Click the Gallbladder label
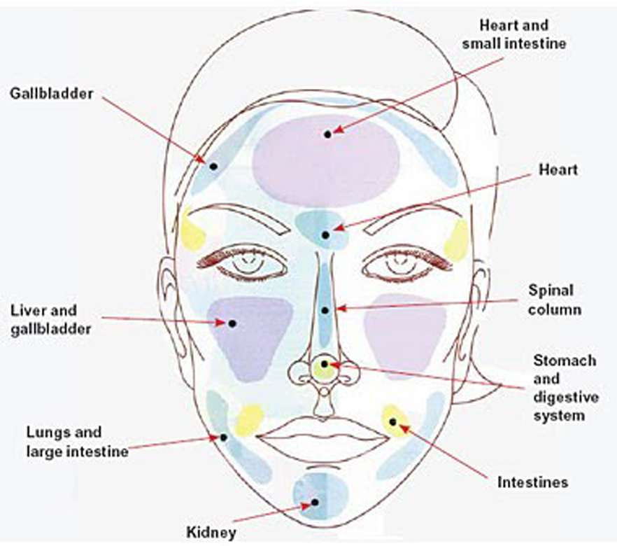click(x=51, y=93)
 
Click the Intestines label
click(x=532, y=482)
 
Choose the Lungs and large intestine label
click(x=77, y=442)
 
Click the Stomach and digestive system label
click(x=565, y=388)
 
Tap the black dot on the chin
click(x=315, y=502)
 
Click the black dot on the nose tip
click(x=324, y=364)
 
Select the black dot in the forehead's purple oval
click(x=327, y=134)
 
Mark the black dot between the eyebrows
click(x=325, y=235)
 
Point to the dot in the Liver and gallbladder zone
click(x=231, y=323)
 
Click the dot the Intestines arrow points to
click(x=392, y=421)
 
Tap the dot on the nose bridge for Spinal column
click(x=324, y=309)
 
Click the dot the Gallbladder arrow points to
click(x=213, y=166)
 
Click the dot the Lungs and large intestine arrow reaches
click(x=223, y=437)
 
